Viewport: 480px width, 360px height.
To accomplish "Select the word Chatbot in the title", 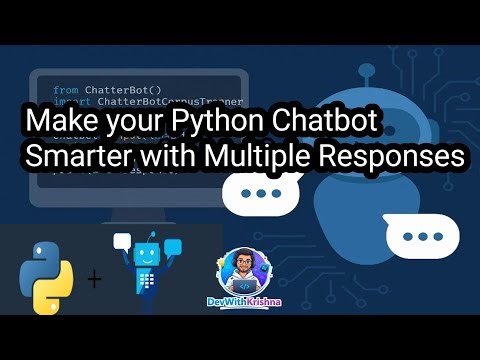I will [331, 122].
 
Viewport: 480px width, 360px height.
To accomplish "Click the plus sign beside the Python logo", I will [95, 278].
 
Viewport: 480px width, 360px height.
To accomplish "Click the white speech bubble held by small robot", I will [124, 241].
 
